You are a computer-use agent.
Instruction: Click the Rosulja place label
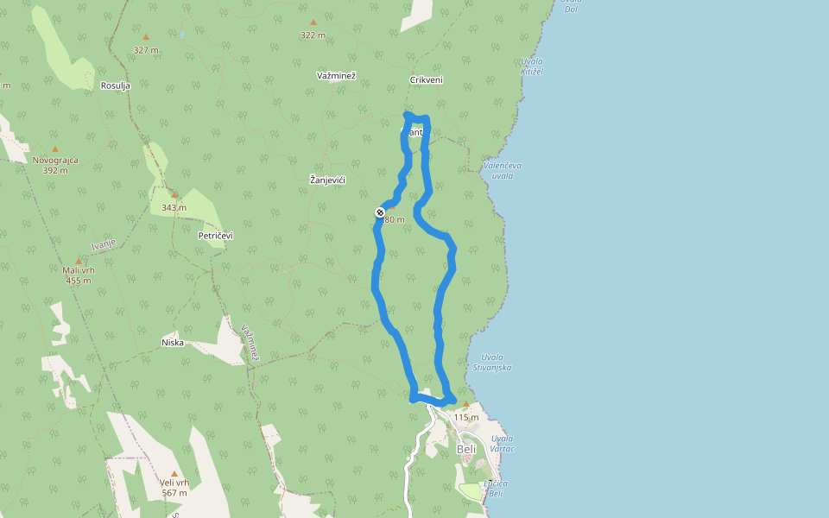click(x=115, y=85)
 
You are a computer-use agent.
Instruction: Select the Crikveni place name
click(x=426, y=80)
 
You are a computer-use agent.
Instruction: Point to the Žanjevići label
click(x=327, y=180)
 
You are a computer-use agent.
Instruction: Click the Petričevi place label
click(x=216, y=235)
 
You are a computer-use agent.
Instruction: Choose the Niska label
click(x=173, y=343)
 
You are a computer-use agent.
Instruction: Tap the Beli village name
click(x=465, y=450)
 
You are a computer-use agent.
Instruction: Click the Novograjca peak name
click(x=55, y=161)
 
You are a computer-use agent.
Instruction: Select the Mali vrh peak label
click(x=78, y=270)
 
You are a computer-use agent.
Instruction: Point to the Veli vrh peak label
click(x=174, y=483)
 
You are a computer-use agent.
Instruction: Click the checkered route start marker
click(x=380, y=212)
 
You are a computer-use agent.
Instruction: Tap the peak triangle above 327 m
click(x=146, y=37)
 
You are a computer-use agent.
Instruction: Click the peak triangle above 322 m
click(x=313, y=22)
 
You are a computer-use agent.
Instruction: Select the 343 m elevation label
click(x=174, y=207)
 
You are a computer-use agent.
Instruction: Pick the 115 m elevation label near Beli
click(x=466, y=417)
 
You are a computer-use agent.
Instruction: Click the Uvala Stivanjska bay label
click(x=492, y=363)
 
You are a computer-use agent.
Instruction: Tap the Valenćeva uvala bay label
click(x=503, y=170)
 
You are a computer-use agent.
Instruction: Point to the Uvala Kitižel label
click(x=532, y=66)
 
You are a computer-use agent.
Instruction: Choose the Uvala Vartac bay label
click(x=502, y=444)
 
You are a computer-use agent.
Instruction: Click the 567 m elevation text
click(x=174, y=493)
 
